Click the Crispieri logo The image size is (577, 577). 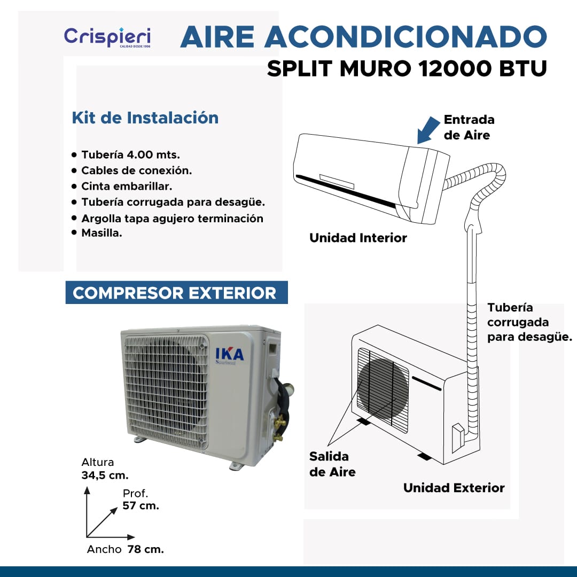click(x=107, y=37)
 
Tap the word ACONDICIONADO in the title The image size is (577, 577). click(x=406, y=37)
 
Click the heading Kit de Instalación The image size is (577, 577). click(x=145, y=118)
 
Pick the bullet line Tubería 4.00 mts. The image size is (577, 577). click(x=131, y=154)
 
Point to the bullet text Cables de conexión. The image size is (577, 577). click(x=137, y=170)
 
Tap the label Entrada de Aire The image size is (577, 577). click(x=469, y=127)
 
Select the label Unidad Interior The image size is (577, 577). click(x=358, y=238)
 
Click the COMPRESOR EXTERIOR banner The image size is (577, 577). click(x=177, y=293)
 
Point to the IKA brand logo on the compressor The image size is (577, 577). click(x=229, y=355)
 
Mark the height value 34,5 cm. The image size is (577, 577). click(x=105, y=475)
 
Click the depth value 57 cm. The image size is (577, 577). click(x=141, y=505)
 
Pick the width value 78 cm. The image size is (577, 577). click(x=145, y=549)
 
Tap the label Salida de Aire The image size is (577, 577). click(x=332, y=464)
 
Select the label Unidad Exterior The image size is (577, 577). click(x=454, y=488)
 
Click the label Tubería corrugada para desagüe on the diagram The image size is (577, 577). click(x=529, y=322)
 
